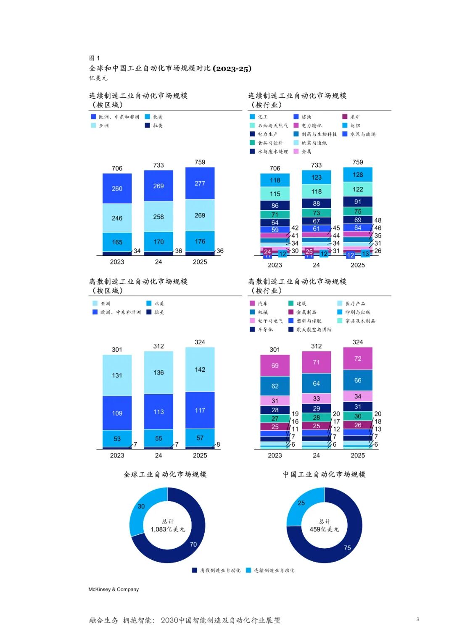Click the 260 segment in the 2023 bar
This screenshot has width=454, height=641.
(117, 188)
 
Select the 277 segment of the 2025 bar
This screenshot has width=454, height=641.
(200, 183)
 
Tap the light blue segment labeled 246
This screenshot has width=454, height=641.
(117, 218)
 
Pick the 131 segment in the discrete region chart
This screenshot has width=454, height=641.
(117, 375)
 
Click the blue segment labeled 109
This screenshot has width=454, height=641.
(117, 413)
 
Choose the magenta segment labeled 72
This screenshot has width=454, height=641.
(358, 358)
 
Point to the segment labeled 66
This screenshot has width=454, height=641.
(358, 380)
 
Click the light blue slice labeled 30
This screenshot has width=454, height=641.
(141, 506)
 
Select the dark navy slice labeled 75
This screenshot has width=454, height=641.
(347, 547)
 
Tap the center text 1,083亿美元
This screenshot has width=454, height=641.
(168, 529)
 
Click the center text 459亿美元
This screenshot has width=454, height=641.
(324, 529)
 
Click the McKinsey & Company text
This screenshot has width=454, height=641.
(113, 589)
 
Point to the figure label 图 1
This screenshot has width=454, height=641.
(95, 58)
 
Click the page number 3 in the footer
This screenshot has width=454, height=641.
(417, 619)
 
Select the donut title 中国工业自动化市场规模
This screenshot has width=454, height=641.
(324, 474)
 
